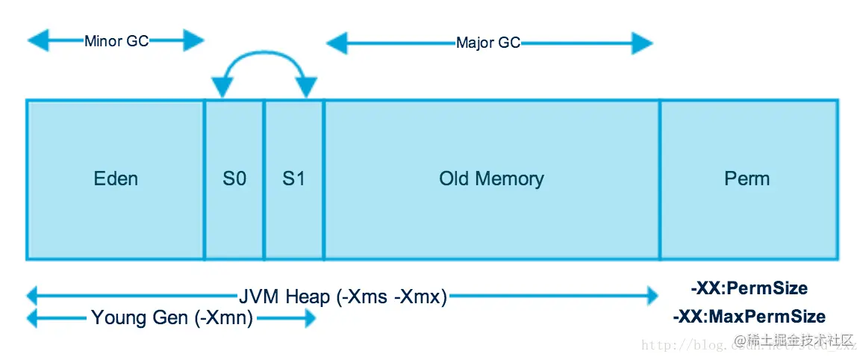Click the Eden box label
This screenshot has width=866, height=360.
click(x=116, y=179)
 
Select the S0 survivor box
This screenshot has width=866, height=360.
click(x=234, y=179)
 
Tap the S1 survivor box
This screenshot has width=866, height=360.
click(x=293, y=179)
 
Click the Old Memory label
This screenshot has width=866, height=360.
click(x=491, y=179)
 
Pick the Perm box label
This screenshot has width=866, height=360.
click(x=747, y=179)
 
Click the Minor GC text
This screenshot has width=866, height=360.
click(x=116, y=41)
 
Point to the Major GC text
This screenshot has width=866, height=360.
click(x=488, y=43)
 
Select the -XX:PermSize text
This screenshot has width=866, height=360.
click(x=749, y=288)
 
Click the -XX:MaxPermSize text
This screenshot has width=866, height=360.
click(x=749, y=317)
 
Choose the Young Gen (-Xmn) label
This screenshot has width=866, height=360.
click(x=172, y=319)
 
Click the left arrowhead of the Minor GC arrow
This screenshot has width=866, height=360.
click(x=36, y=40)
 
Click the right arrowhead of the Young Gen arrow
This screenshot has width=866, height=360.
click(x=307, y=319)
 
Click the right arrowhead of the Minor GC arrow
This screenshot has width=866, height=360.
click(x=195, y=40)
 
